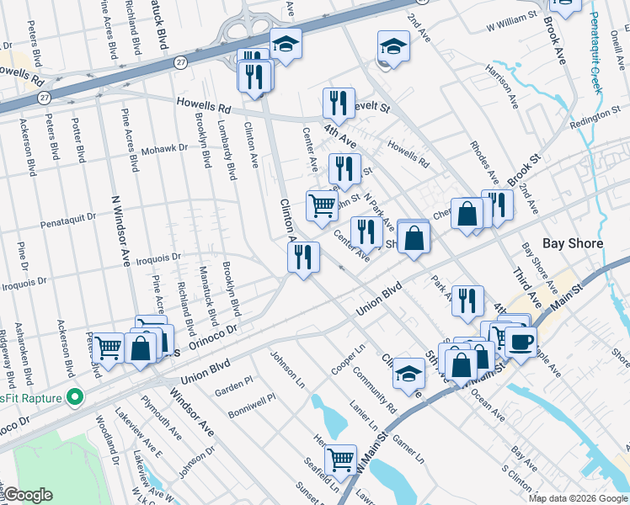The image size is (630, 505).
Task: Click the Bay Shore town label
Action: click(x=573, y=243)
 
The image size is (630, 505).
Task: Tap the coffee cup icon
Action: click(x=521, y=342)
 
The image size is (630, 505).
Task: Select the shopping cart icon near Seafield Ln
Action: click(x=340, y=460)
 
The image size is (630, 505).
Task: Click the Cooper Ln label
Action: click(x=348, y=356)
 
